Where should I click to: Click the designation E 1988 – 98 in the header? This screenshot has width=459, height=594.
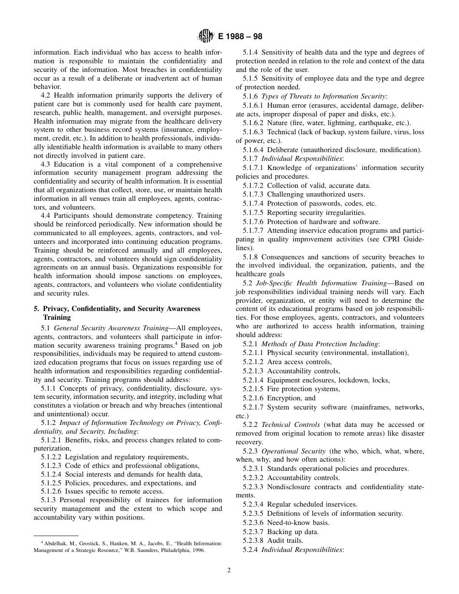point(237,37)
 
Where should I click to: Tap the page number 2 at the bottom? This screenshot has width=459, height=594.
point(229,570)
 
